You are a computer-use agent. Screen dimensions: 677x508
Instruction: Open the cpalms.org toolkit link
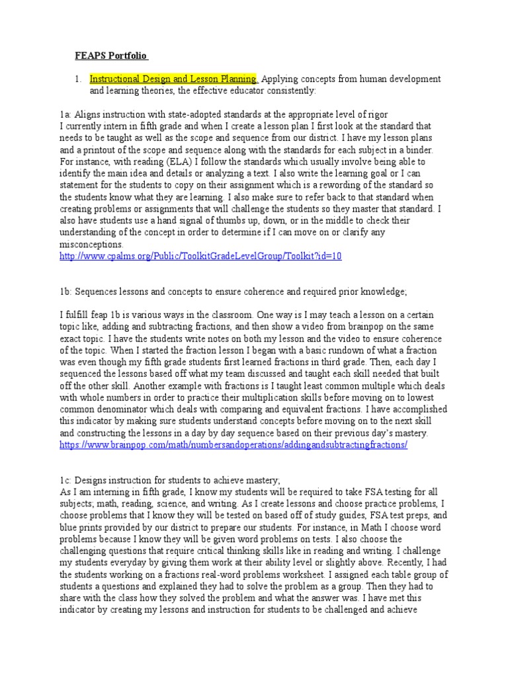[200, 256]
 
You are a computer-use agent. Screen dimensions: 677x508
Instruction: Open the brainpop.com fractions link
[233, 445]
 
